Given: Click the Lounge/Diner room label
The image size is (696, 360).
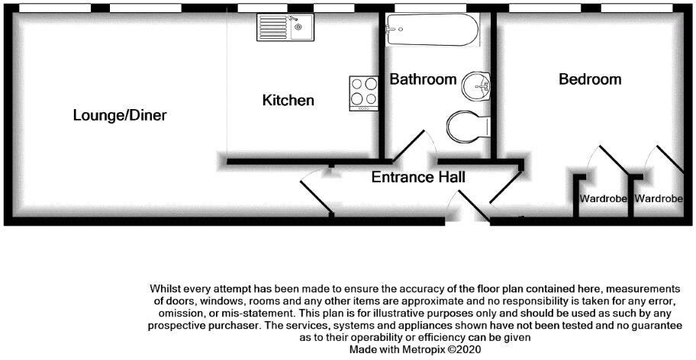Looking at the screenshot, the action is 120,116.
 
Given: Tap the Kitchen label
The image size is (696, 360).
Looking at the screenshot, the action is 288,101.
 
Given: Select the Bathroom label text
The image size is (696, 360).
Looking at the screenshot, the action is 423,79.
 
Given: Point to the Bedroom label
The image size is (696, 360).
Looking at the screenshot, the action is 590,79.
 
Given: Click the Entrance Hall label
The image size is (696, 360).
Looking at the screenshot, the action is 418,178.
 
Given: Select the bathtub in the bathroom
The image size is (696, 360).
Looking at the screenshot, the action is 432,31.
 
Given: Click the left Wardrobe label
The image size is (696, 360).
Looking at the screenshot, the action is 604,200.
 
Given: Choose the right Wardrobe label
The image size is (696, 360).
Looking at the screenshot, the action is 659,200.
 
